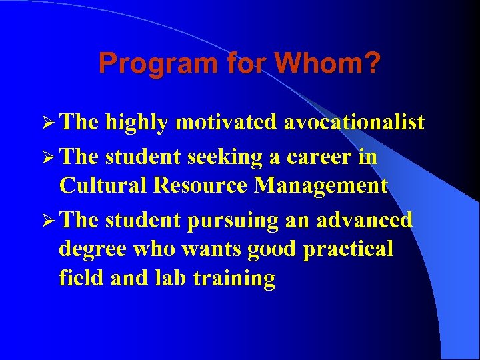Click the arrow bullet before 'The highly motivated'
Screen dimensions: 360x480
coord(46,122)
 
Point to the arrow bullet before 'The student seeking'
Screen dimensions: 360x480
coord(46,158)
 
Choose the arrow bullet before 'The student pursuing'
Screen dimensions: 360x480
coord(46,221)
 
